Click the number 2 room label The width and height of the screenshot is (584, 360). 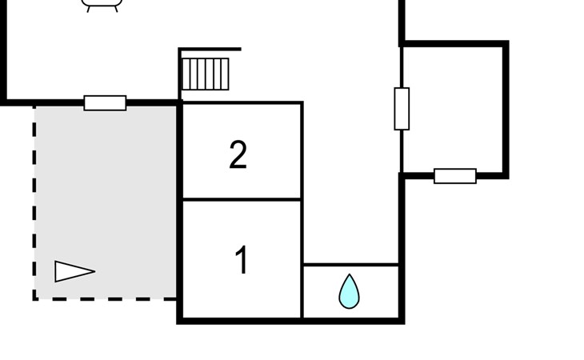(x=238, y=155)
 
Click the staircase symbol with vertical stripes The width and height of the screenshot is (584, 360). (x=206, y=74)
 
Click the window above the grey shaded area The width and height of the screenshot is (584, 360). (x=105, y=102)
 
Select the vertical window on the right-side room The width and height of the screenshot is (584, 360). (x=402, y=109)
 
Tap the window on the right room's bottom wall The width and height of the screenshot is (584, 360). (x=454, y=176)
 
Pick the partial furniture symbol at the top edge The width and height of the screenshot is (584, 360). (x=102, y=6)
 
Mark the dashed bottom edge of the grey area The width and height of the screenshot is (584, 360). (x=104, y=299)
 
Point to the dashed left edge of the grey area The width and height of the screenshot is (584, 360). (x=35, y=200)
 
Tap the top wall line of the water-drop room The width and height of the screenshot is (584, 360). (x=350, y=264)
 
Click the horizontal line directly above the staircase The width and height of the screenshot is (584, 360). (x=210, y=50)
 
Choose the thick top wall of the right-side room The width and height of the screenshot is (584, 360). (x=454, y=44)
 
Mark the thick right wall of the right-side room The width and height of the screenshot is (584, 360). (x=506, y=109)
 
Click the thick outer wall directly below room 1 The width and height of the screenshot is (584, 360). (x=240, y=321)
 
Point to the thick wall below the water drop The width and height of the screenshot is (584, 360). (x=350, y=321)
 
